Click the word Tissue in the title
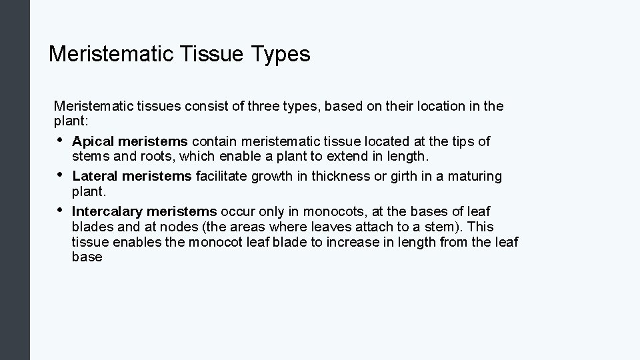[210, 54]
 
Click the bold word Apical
[91, 141]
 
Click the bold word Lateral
[94, 176]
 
